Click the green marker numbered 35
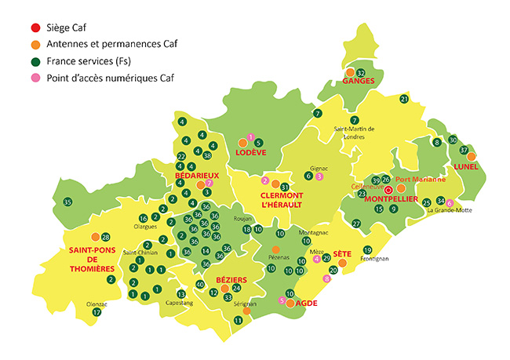click(x=67, y=202)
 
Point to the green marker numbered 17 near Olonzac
click(x=97, y=312)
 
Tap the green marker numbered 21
click(x=404, y=99)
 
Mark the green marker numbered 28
click(x=106, y=237)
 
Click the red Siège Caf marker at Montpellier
click(x=388, y=189)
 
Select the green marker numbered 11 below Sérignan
click(x=239, y=320)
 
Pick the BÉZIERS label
click(x=231, y=280)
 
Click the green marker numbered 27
click(x=356, y=224)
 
